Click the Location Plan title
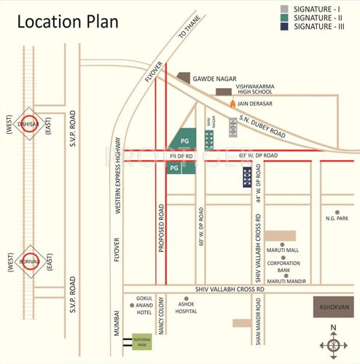(x=67, y=21)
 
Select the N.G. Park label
(x=337, y=218)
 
